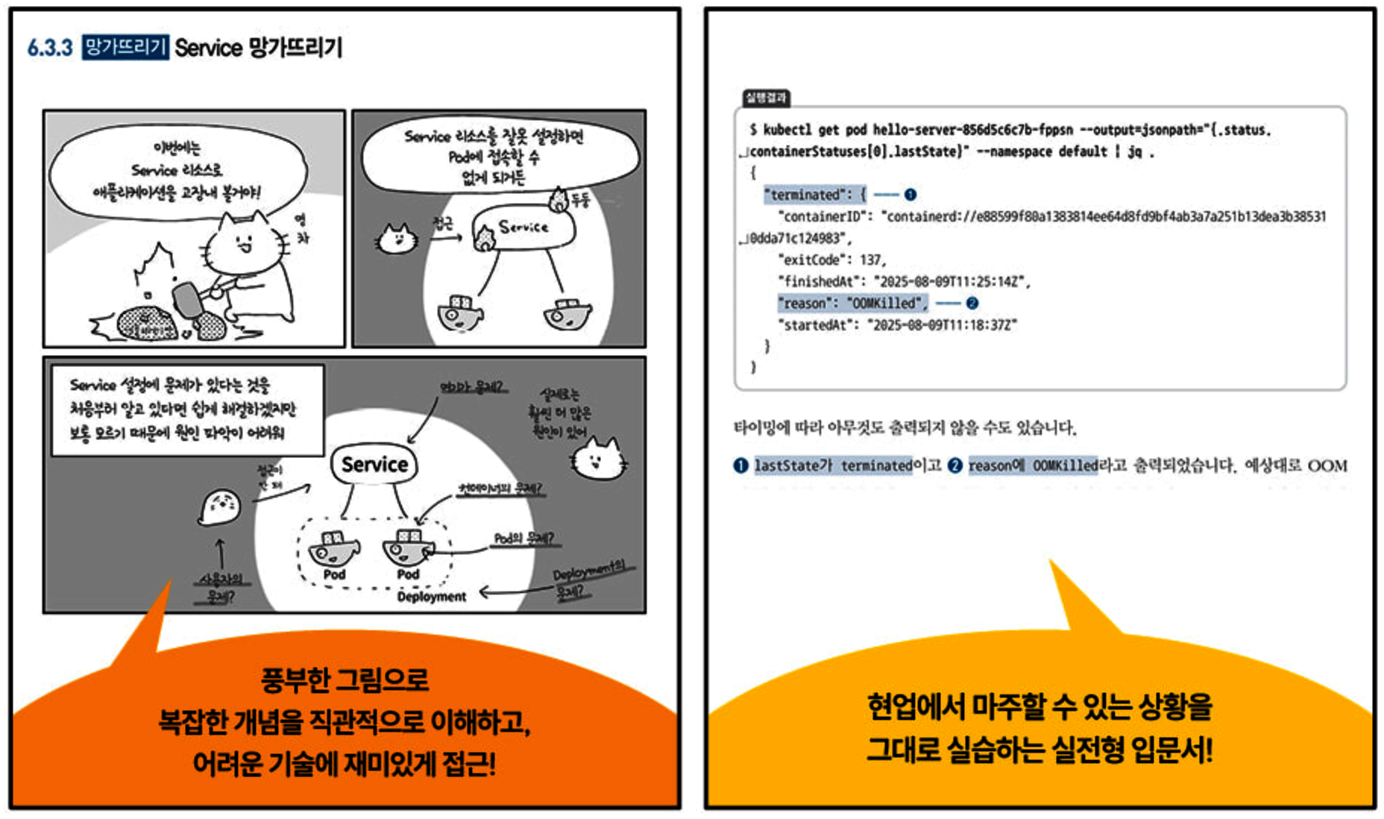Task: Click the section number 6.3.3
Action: [50, 48]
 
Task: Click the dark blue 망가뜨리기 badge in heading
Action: [125, 48]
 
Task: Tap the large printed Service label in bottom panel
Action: [374, 464]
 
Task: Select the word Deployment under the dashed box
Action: [431, 597]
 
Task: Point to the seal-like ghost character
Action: [220, 507]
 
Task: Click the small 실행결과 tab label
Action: [766, 98]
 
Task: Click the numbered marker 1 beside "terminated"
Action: [910, 195]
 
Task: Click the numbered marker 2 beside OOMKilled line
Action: [972, 303]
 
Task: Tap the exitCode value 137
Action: [870, 260]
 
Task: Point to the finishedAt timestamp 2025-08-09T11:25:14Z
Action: [951, 281]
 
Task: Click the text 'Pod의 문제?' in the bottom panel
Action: [523, 539]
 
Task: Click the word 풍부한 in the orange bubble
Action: [294, 680]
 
